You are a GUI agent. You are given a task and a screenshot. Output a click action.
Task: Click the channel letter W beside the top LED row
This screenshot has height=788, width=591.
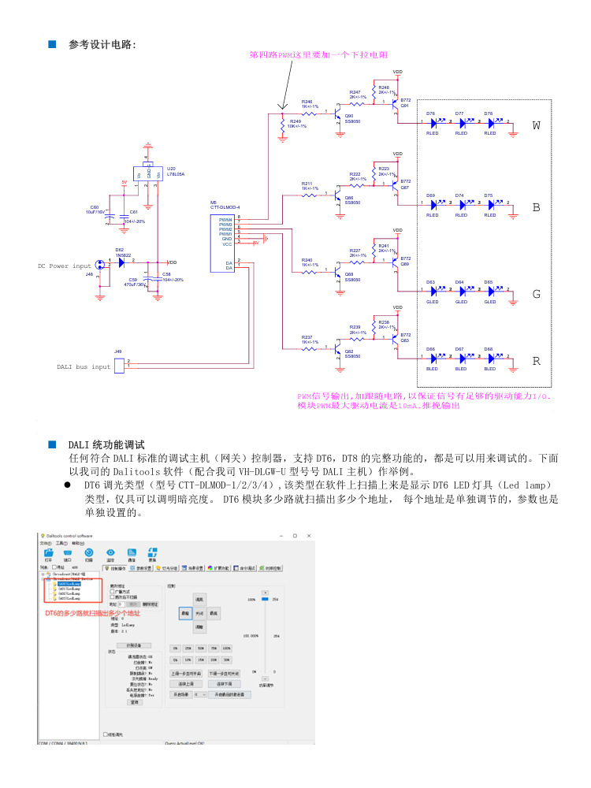pos(537,125)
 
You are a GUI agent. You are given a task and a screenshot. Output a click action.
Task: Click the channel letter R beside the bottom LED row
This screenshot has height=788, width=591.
pos(537,362)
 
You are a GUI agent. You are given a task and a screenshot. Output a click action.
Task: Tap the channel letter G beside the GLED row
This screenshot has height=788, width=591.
pos(537,294)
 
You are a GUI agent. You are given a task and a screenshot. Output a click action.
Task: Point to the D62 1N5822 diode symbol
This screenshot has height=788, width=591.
pos(121,262)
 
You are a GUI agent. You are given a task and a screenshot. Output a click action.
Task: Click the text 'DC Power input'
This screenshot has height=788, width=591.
pos(65,266)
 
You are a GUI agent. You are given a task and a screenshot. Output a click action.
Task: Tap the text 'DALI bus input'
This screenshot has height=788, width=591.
pos(84,366)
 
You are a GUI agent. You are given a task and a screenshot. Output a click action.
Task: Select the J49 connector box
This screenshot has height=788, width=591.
pos(120,365)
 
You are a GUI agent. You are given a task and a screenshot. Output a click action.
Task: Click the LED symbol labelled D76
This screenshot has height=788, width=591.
pos(433,124)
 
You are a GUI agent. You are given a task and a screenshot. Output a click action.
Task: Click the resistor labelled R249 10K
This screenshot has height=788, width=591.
pos(283,125)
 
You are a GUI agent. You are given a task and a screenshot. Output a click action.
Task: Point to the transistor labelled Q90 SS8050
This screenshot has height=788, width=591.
pos(339,118)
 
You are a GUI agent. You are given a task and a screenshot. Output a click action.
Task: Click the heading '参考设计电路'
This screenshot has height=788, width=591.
pos(102,45)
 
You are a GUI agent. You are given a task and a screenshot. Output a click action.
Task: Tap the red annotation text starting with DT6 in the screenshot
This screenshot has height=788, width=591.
pos(91,612)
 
